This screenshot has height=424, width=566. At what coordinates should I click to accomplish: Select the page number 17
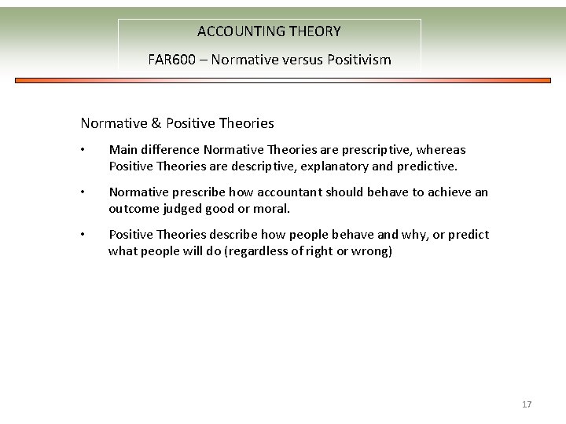[527, 404]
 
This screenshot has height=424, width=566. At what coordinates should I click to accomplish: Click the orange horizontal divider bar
[283, 80]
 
